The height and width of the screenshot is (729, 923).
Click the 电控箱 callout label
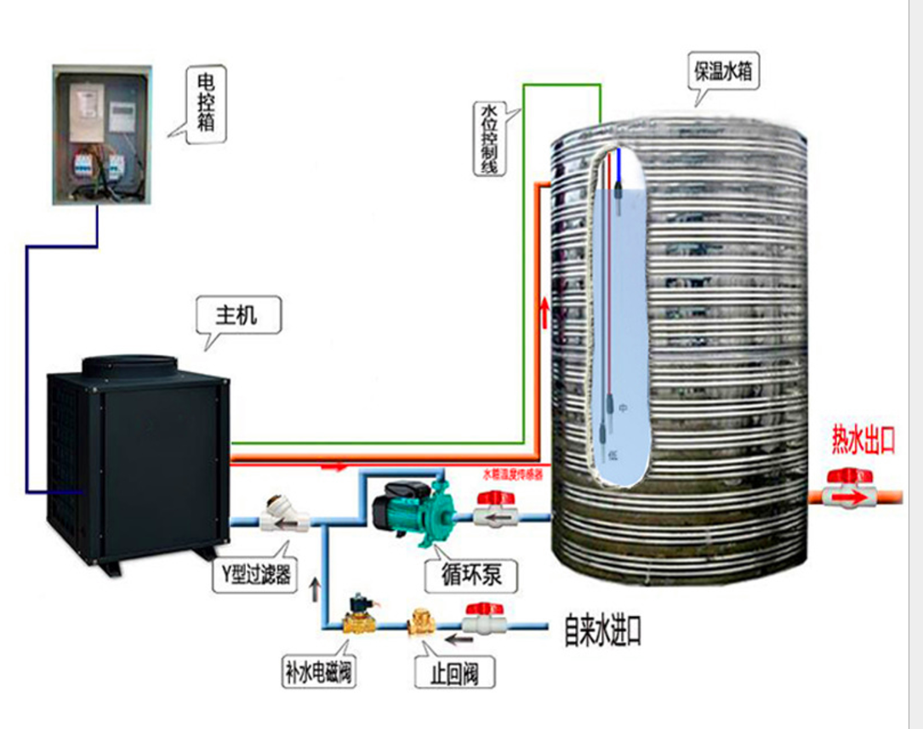(207, 104)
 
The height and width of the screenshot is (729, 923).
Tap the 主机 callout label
(236, 316)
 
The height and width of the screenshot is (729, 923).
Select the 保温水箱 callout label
(722, 72)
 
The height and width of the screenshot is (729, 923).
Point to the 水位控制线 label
(489, 140)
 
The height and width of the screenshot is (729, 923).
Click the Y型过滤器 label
(253, 576)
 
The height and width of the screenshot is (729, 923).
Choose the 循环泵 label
(472, 576)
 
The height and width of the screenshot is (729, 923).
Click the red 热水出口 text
(863, 440)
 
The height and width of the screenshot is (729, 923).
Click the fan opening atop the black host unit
(129, 367)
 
